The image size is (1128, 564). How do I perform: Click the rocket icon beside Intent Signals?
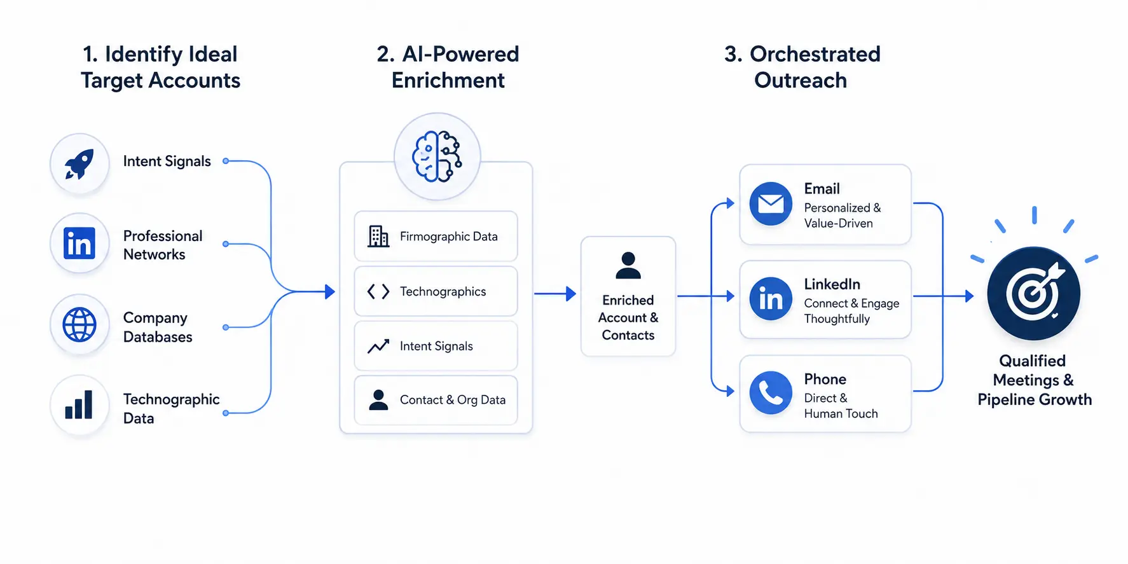(79, 163)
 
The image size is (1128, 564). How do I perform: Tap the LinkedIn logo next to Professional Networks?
(79, 244)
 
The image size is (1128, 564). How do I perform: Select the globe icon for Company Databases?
(79, 324)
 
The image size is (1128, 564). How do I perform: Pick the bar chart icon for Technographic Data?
(79, 404)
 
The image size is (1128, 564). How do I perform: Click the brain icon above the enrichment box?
(437, 156)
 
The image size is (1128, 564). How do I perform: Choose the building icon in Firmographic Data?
(378, 236)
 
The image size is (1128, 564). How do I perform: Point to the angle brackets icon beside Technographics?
(378, 291)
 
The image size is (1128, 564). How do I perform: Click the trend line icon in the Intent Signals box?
(378, 346)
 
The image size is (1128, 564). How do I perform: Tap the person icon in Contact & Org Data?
(378, 399)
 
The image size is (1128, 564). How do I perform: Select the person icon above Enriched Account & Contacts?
(628, 265)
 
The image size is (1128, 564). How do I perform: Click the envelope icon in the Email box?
(771, 204)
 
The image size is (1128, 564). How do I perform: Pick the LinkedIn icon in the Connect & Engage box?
(771, 298)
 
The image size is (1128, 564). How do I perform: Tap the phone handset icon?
(771, 393)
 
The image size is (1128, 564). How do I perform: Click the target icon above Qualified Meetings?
(1033, 293)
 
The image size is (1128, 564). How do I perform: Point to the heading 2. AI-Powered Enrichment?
(448, 67)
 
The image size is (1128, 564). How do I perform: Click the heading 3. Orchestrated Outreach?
(802, 67)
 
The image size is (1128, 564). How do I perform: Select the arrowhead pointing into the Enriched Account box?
(571, 294)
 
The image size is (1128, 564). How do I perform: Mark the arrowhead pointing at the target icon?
(969, 296)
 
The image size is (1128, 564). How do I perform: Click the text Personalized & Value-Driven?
(843, 216)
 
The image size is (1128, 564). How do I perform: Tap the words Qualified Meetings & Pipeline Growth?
(1035, 380)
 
